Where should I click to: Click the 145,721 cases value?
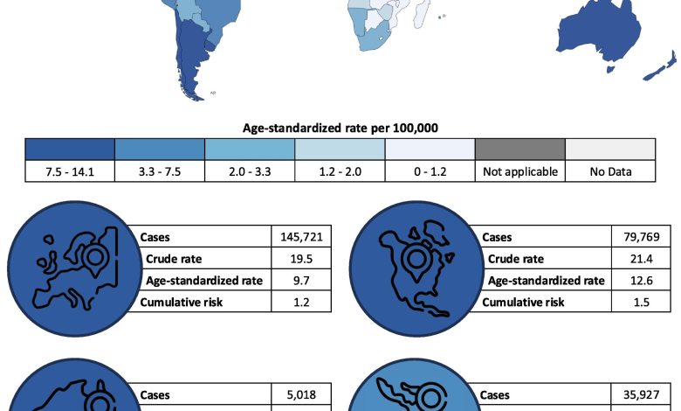click(x=301, y=237)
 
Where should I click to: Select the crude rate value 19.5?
click(x=301, y=259)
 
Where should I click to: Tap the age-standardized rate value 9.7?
click(x=301, y=281)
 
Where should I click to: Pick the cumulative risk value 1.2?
click(x=301, y=303)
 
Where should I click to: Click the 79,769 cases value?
click(x=642, y=237)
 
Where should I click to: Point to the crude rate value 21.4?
click(x=642, y=259)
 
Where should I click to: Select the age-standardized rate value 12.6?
click(x=642, y=281)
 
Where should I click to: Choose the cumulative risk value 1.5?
click(x=642, y=303)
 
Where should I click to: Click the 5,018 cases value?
click(x=301, y=395)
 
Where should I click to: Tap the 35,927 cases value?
click(x=642, y=395)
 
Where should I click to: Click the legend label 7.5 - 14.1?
click(x=70, y=171)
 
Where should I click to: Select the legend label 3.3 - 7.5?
click(x=160, y=171)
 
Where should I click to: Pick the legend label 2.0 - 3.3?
click(x=250, y=171)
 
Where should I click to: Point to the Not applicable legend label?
click(x=520, y=171)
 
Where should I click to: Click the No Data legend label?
click(x=610, y=171)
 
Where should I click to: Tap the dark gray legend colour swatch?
click(x=520, y=150)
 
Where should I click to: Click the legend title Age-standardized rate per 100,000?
click(x=340, y=128)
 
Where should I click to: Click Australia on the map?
click(x=599, y=37)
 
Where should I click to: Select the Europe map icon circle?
click(x=75, y=268)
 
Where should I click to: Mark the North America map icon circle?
click(x=417, y=268)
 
